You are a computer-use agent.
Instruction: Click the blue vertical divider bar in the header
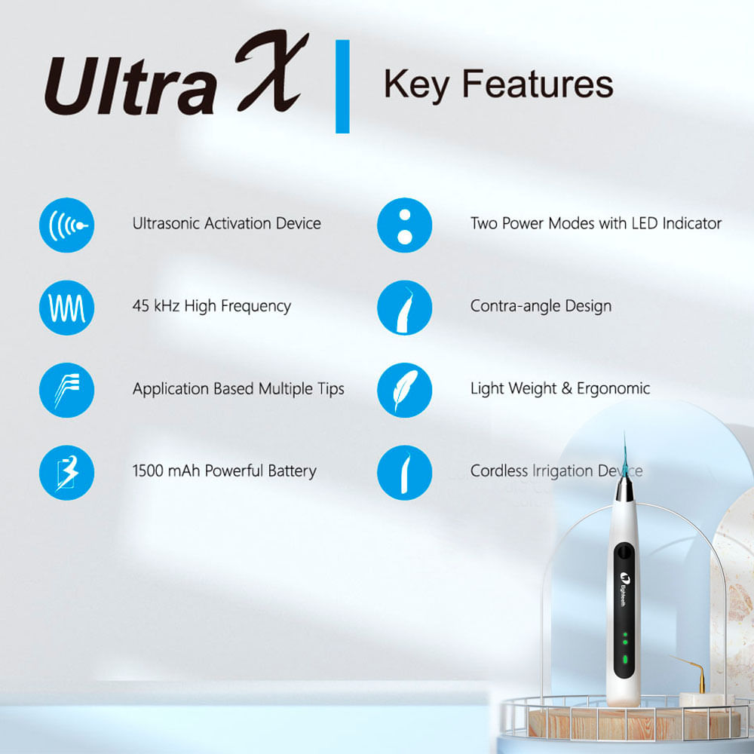(342, 87)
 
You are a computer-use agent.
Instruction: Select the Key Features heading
(498, 84)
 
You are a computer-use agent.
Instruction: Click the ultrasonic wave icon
(67, 224)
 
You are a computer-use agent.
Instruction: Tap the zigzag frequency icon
(67, 307)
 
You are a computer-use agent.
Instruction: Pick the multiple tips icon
(67, 390)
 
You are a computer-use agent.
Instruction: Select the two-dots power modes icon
(404, 224)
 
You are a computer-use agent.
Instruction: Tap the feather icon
(404, 390)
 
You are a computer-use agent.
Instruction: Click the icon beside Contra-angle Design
(404, 307)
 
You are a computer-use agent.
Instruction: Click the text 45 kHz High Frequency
(212, 306)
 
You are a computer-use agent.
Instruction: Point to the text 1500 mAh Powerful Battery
(225, 471)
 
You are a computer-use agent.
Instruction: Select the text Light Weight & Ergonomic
(560, 389)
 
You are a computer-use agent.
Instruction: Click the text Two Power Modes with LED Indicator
(596, 223)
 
